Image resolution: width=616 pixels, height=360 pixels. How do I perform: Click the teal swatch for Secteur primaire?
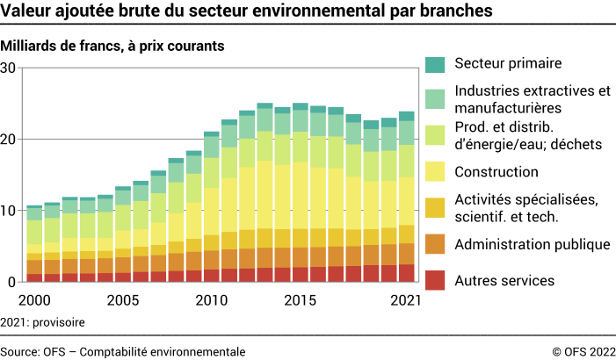436,64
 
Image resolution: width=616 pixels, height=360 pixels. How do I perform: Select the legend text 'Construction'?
496,172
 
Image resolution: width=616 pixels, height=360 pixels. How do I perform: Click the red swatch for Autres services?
436,281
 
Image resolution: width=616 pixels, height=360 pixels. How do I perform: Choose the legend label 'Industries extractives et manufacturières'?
532,99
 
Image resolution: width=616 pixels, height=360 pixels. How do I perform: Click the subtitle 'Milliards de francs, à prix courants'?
112,45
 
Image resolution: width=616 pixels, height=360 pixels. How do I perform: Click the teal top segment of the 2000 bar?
34,207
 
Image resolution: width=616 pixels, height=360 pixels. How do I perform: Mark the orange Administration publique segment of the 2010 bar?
212,259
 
